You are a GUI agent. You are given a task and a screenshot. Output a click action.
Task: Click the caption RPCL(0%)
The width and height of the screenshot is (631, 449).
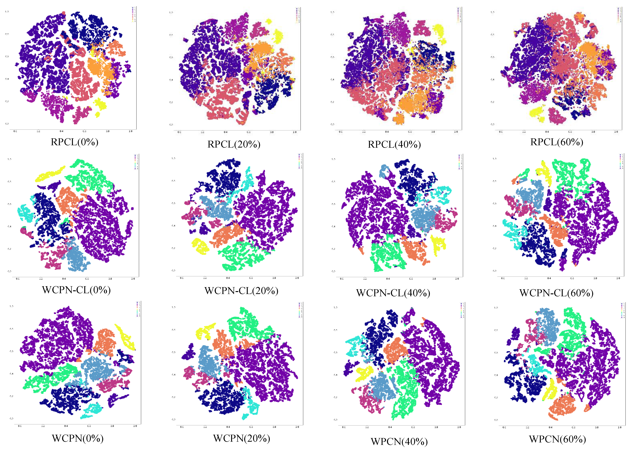(x=75, y=142)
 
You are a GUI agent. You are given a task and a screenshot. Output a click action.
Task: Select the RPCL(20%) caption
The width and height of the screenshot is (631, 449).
(x=234, y=144)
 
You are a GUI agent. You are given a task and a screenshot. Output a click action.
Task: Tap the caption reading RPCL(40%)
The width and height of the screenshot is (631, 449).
(x=394, y=144)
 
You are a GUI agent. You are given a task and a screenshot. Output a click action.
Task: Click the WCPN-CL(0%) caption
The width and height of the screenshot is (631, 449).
(x=76, y=290)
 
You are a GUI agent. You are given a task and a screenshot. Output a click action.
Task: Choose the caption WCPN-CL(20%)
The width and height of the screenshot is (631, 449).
(x=241, y=291)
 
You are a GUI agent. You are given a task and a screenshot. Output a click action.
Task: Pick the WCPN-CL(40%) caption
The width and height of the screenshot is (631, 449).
(x=393, y=293)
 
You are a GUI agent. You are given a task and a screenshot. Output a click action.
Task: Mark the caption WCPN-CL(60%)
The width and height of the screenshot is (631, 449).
(x=556, y=293)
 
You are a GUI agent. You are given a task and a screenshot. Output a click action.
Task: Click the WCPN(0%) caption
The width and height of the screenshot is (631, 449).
(x=78, y=438)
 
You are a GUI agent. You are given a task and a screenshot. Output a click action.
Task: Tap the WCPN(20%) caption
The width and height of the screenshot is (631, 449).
(x=241, y=438)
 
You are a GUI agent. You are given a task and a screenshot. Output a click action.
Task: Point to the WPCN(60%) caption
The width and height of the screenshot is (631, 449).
(x=557, y=439)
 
